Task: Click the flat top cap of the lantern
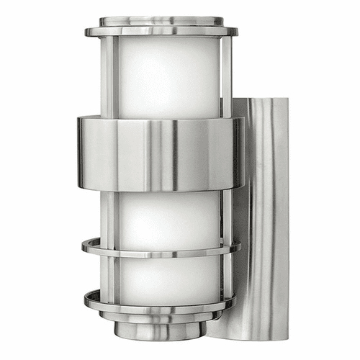(x=161, y=21)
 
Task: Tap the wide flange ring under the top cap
(x=161, y=32)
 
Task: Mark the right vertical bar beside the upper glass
(x=226, y=76)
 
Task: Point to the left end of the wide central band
(x=81, y=153)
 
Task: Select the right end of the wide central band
(x=238, y=153)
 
